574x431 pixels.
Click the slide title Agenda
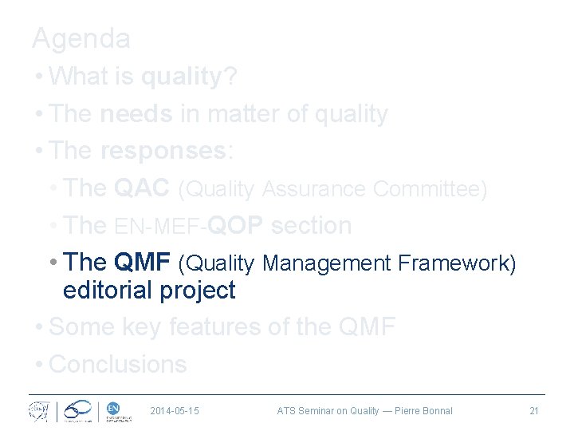(x=81, y=38)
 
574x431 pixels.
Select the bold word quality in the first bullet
(x=179, y=77)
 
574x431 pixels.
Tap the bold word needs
(x=136, y=114)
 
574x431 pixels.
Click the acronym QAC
(x=142, y=188)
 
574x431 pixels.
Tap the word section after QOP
(x=311, y=226)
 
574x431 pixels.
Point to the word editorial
(x=108, y=291)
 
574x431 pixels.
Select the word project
(x=199, y=291)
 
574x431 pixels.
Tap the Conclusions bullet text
(x=117, y=364)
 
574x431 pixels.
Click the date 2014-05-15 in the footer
(x=175, y=411)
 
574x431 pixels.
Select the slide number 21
(x=534, y=411)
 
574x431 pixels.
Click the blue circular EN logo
(x=112, y=409)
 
